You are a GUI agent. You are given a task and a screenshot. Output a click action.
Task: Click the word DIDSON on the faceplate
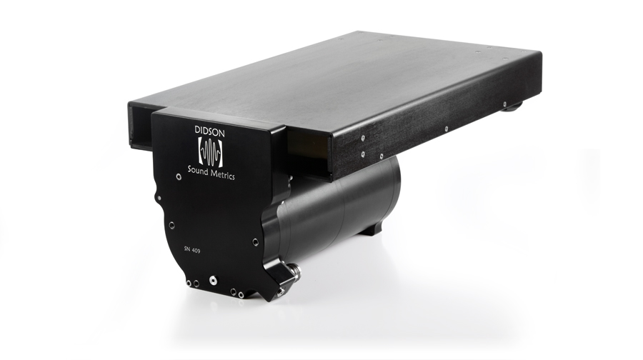[x=209, y=131]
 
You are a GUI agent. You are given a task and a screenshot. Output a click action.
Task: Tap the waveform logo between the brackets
[x=210, y=151]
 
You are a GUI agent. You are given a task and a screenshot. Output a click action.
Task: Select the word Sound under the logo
[x=198, y=170]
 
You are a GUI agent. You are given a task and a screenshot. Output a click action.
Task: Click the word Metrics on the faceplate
[x=223, y=174]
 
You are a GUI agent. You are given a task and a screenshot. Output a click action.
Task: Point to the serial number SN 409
[x=192, y=251]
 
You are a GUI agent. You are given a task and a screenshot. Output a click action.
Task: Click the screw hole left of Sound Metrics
[x=179, y=176]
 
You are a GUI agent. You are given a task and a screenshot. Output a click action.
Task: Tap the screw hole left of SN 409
[x=171, y=225]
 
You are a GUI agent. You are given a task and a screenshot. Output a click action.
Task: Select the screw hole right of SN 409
[x=256, y=242]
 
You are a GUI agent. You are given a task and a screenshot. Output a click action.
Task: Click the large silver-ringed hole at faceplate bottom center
[x=213, y=281]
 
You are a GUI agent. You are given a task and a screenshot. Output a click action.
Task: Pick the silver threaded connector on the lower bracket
[x=295, y=271]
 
